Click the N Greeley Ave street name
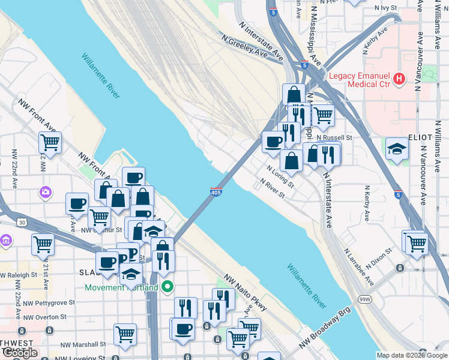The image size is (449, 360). (244, 46)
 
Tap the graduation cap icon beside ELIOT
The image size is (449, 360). (397, 148)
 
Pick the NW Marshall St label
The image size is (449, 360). (82, 344)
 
